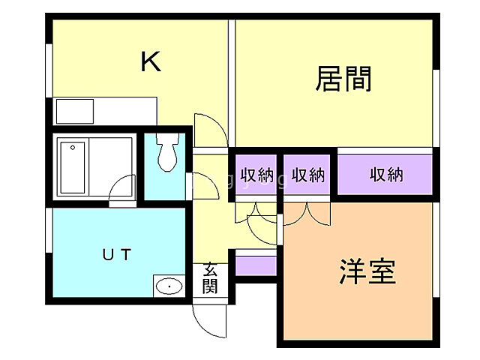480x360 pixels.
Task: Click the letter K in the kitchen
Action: pos(151,62)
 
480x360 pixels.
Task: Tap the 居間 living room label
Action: pos(344,77)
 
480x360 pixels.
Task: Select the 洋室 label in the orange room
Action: pos(367,271)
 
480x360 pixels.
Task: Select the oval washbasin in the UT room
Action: pos(170,286)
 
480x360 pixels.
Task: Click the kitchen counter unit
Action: pos(105,110)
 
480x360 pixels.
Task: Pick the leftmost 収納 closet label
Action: pos(256,175)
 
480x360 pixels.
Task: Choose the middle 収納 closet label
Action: pos(307,175)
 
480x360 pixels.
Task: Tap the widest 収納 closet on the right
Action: pos(386,175)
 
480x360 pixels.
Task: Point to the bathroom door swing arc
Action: pos(121,190)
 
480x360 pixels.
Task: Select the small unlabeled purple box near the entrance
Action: pos(256,264)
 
